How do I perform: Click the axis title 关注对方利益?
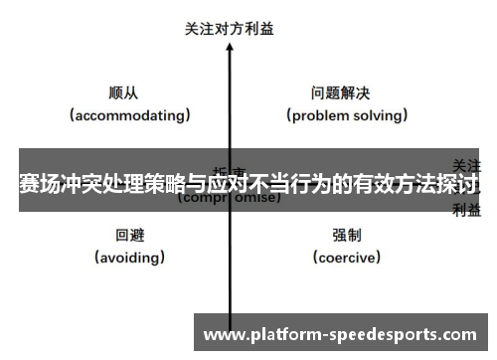230,29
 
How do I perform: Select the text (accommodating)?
130,115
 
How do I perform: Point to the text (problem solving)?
348,115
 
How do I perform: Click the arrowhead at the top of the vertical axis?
230,47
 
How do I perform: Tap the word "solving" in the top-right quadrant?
380,115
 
